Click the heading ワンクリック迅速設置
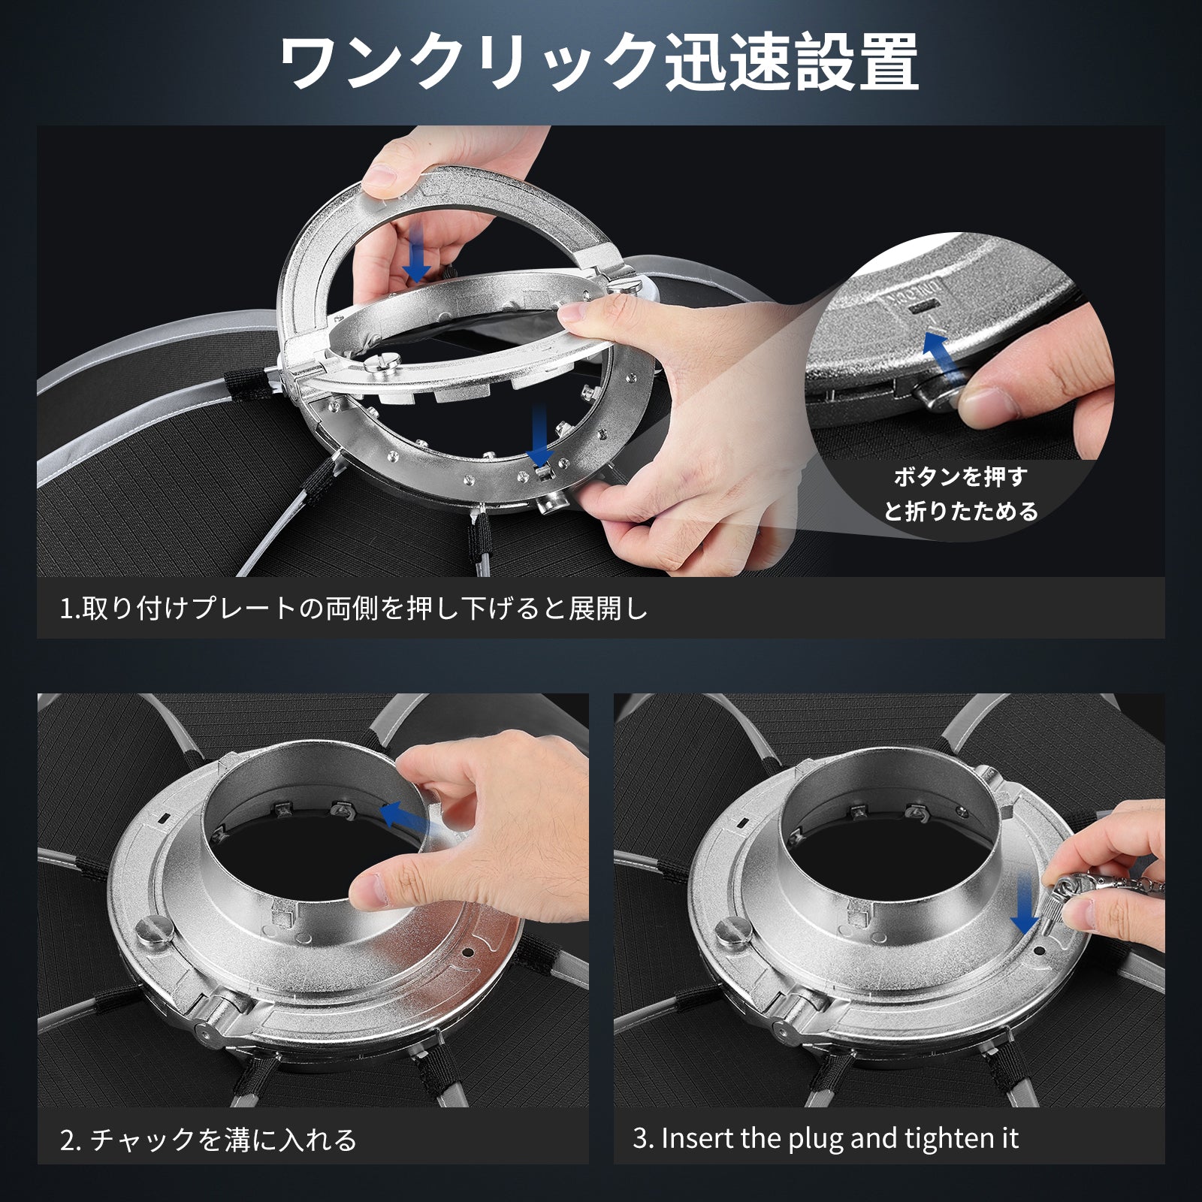point(599,62)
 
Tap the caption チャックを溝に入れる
point(223,1140)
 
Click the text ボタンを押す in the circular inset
point(960,476)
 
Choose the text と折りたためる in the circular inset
point(961,512)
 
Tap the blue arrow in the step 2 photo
point(412,820)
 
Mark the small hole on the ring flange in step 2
point(468,952)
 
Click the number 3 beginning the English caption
point(640,1139)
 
